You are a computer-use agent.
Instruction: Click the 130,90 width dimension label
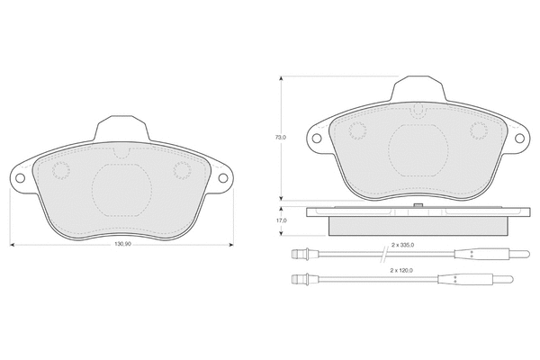click(x=122, y=244)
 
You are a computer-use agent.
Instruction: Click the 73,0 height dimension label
click(x=281, y=137)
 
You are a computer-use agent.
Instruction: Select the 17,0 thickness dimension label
click(x=281, y=220)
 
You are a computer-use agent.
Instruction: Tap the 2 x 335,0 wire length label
click(x=402, y=245)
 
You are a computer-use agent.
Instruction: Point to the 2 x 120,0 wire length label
click(x=401, y=270)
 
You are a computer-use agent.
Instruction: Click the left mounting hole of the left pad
click(x=21, y=178)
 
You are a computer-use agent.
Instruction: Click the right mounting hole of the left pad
click(x=223, y=178)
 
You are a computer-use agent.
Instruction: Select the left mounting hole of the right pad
click(x=317, y=138)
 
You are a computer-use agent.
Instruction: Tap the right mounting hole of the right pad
click(x=519, y=138)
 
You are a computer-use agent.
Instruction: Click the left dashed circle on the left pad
click(x=61, y=170)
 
